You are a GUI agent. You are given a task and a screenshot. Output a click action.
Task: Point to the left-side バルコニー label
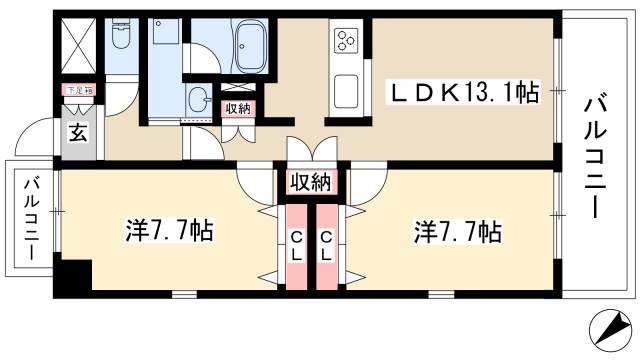(x=31, y=219)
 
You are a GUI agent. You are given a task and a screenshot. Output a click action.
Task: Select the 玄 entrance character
(x=78, y=131)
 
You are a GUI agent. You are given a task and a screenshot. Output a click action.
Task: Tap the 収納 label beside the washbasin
(x=237, y=109)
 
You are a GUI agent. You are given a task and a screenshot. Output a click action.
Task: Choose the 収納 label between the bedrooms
(x=310, y=183)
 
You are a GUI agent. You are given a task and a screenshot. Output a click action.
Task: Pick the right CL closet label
(x=327, y=245)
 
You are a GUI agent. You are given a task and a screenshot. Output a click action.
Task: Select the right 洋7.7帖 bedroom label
(x=457, y=232)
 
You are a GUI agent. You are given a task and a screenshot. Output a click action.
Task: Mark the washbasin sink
(x=198, y=101)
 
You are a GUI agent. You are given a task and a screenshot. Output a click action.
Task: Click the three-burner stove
(x=345, y=41)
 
